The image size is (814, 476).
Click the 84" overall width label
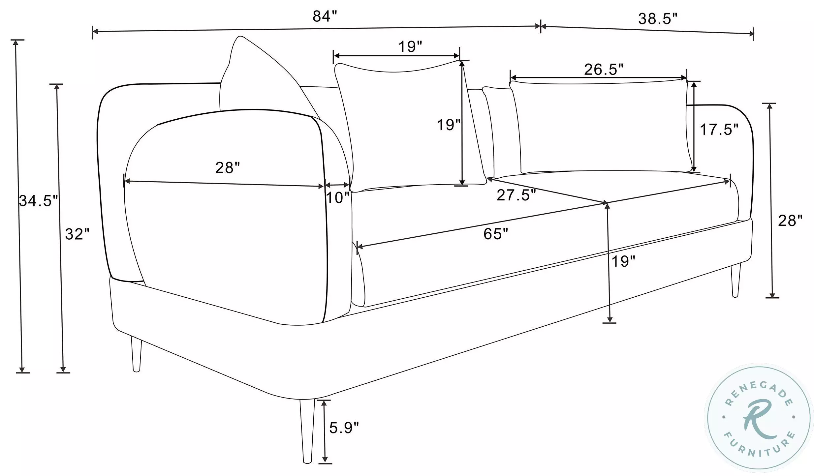tap(325, 16)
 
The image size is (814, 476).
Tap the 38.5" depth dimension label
tap(658, 19)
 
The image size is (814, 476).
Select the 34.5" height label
tap(38, 200)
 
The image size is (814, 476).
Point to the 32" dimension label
tap(77, 234)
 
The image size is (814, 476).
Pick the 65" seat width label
tap(496, 234)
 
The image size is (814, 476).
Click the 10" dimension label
tap(337, 198)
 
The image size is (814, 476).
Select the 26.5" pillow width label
tap(604, 69)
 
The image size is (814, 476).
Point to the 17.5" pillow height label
tap(719, 130)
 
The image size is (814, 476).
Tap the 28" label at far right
tap(790, 221)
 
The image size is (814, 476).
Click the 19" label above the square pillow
tap(410, 47)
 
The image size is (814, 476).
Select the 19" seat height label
tap(623, 261)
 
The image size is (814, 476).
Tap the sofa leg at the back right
tap(736, 280)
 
